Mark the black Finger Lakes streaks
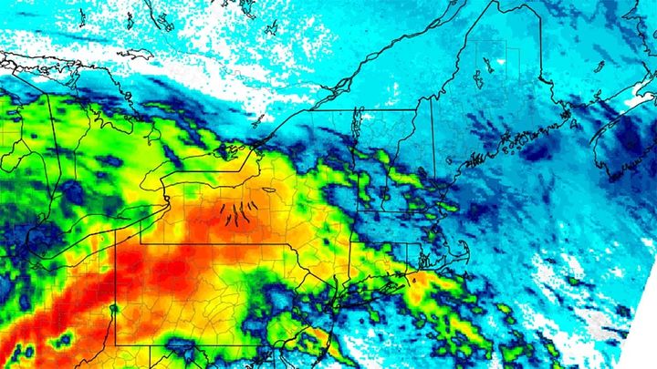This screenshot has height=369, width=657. click(239, 215)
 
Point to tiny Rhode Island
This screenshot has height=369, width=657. click(421, 258)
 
